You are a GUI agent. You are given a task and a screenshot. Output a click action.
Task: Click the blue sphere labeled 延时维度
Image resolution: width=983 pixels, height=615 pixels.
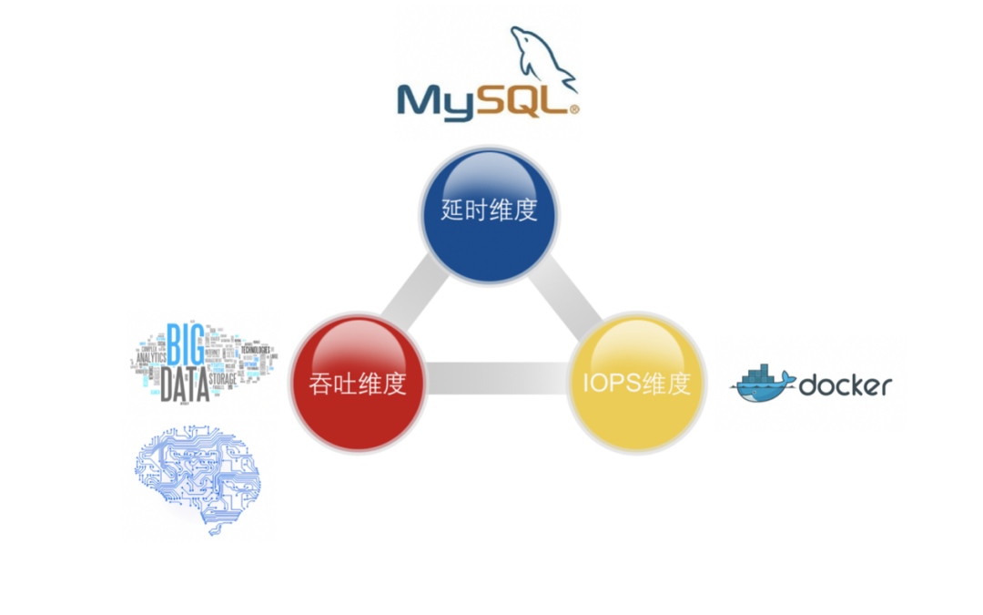[490, 214]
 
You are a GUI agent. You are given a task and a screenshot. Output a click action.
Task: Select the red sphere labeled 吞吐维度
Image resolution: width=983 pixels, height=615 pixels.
[358, 383]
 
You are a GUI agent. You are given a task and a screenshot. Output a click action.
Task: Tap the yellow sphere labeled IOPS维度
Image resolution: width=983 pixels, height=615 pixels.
[637, 383]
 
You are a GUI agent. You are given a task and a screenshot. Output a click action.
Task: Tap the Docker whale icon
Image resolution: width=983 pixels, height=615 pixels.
[761, 384]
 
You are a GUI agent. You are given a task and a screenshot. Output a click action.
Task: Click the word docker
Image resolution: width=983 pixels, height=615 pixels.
[846, 385]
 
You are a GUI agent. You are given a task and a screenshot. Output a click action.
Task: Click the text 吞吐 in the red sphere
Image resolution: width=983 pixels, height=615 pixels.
[332, 384]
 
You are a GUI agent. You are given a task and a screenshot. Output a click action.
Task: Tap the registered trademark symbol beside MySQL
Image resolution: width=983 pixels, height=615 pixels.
[573, 109]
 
